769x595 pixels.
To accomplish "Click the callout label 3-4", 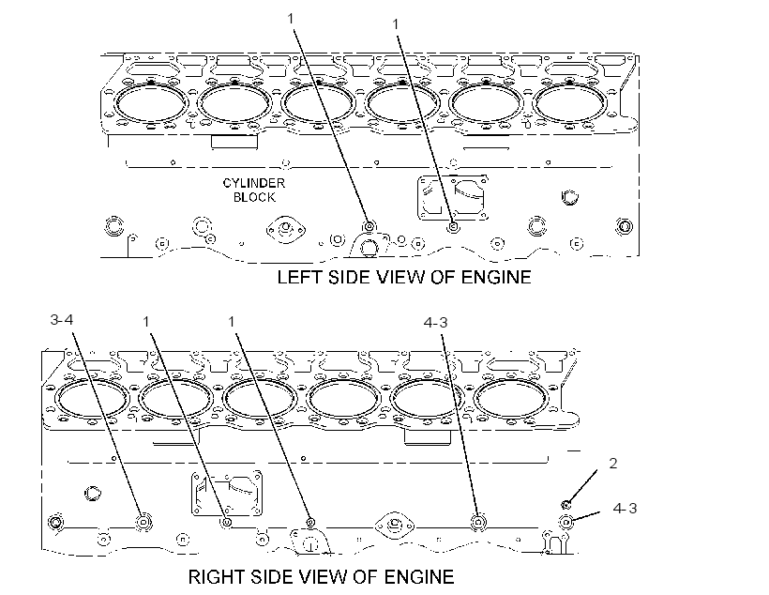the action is point(61,320).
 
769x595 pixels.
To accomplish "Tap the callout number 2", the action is point(613,463).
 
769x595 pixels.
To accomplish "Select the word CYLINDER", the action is point(253,183).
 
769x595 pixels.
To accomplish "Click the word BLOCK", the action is point(254,197).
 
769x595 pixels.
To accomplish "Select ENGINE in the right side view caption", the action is point(419,577).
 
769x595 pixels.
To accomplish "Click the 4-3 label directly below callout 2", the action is point(625,508).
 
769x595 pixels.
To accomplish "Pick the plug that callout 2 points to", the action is point(565,504).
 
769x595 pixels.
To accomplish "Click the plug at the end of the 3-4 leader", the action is point(143,522).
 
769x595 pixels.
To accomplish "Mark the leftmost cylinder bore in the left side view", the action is point(151,104).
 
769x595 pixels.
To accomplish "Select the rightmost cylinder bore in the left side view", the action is point(569,104).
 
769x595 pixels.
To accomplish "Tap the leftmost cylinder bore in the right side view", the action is point(91,399).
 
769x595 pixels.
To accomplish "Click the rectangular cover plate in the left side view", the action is point(453,197).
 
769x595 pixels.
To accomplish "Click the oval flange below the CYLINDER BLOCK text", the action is point(286,230).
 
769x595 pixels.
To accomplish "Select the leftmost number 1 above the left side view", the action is point(291,19).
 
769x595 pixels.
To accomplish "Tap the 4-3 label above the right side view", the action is point(435,323).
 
